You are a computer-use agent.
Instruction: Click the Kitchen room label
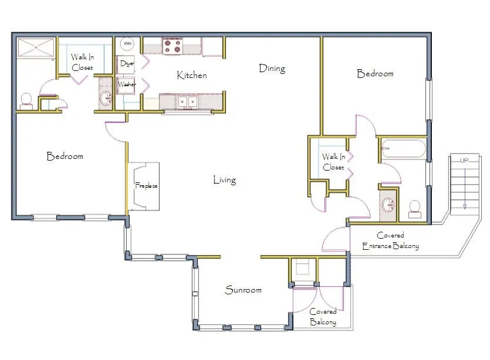coord(192,75)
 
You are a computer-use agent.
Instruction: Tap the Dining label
coord(272,69)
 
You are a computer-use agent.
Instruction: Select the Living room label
coord(224,180)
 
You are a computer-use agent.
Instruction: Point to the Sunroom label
coord(243,290)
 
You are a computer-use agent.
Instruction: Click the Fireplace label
coord(146,186)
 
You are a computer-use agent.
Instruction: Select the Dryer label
coord(127,63)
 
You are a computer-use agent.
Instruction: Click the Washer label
coord(127,84)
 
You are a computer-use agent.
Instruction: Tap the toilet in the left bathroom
coord(26,101)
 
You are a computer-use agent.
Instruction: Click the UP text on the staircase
coord(464,160)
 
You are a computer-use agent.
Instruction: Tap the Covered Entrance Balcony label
coord(390,240)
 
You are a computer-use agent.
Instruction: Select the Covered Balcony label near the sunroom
coord(323,317)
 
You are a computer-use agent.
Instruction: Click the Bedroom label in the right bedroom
coord(375,74)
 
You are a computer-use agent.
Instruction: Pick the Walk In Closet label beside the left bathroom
coord(82,62)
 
